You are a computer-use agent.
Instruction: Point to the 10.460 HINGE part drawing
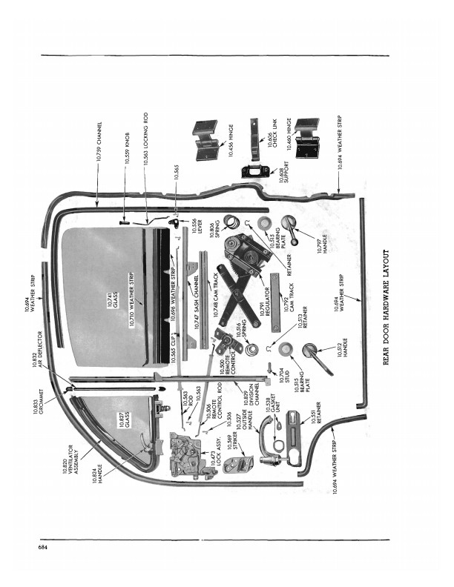[306, 138]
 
